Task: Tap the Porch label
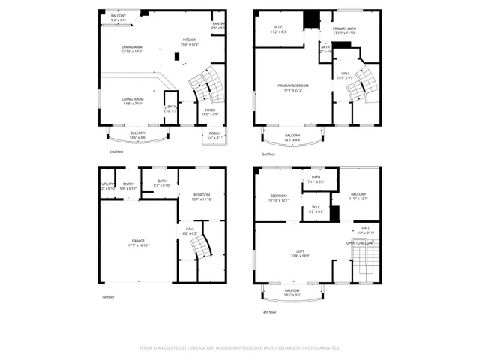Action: coord(214,136)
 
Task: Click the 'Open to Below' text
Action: coord(359,243)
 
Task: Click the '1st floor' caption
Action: coord(108,297)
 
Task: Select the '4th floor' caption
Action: coord(269,311)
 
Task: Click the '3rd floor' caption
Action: coord(268,154)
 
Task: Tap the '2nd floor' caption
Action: coord(115,152)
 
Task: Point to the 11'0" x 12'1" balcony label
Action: coord(358,196)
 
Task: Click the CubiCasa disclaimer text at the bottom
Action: coord(239,348)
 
